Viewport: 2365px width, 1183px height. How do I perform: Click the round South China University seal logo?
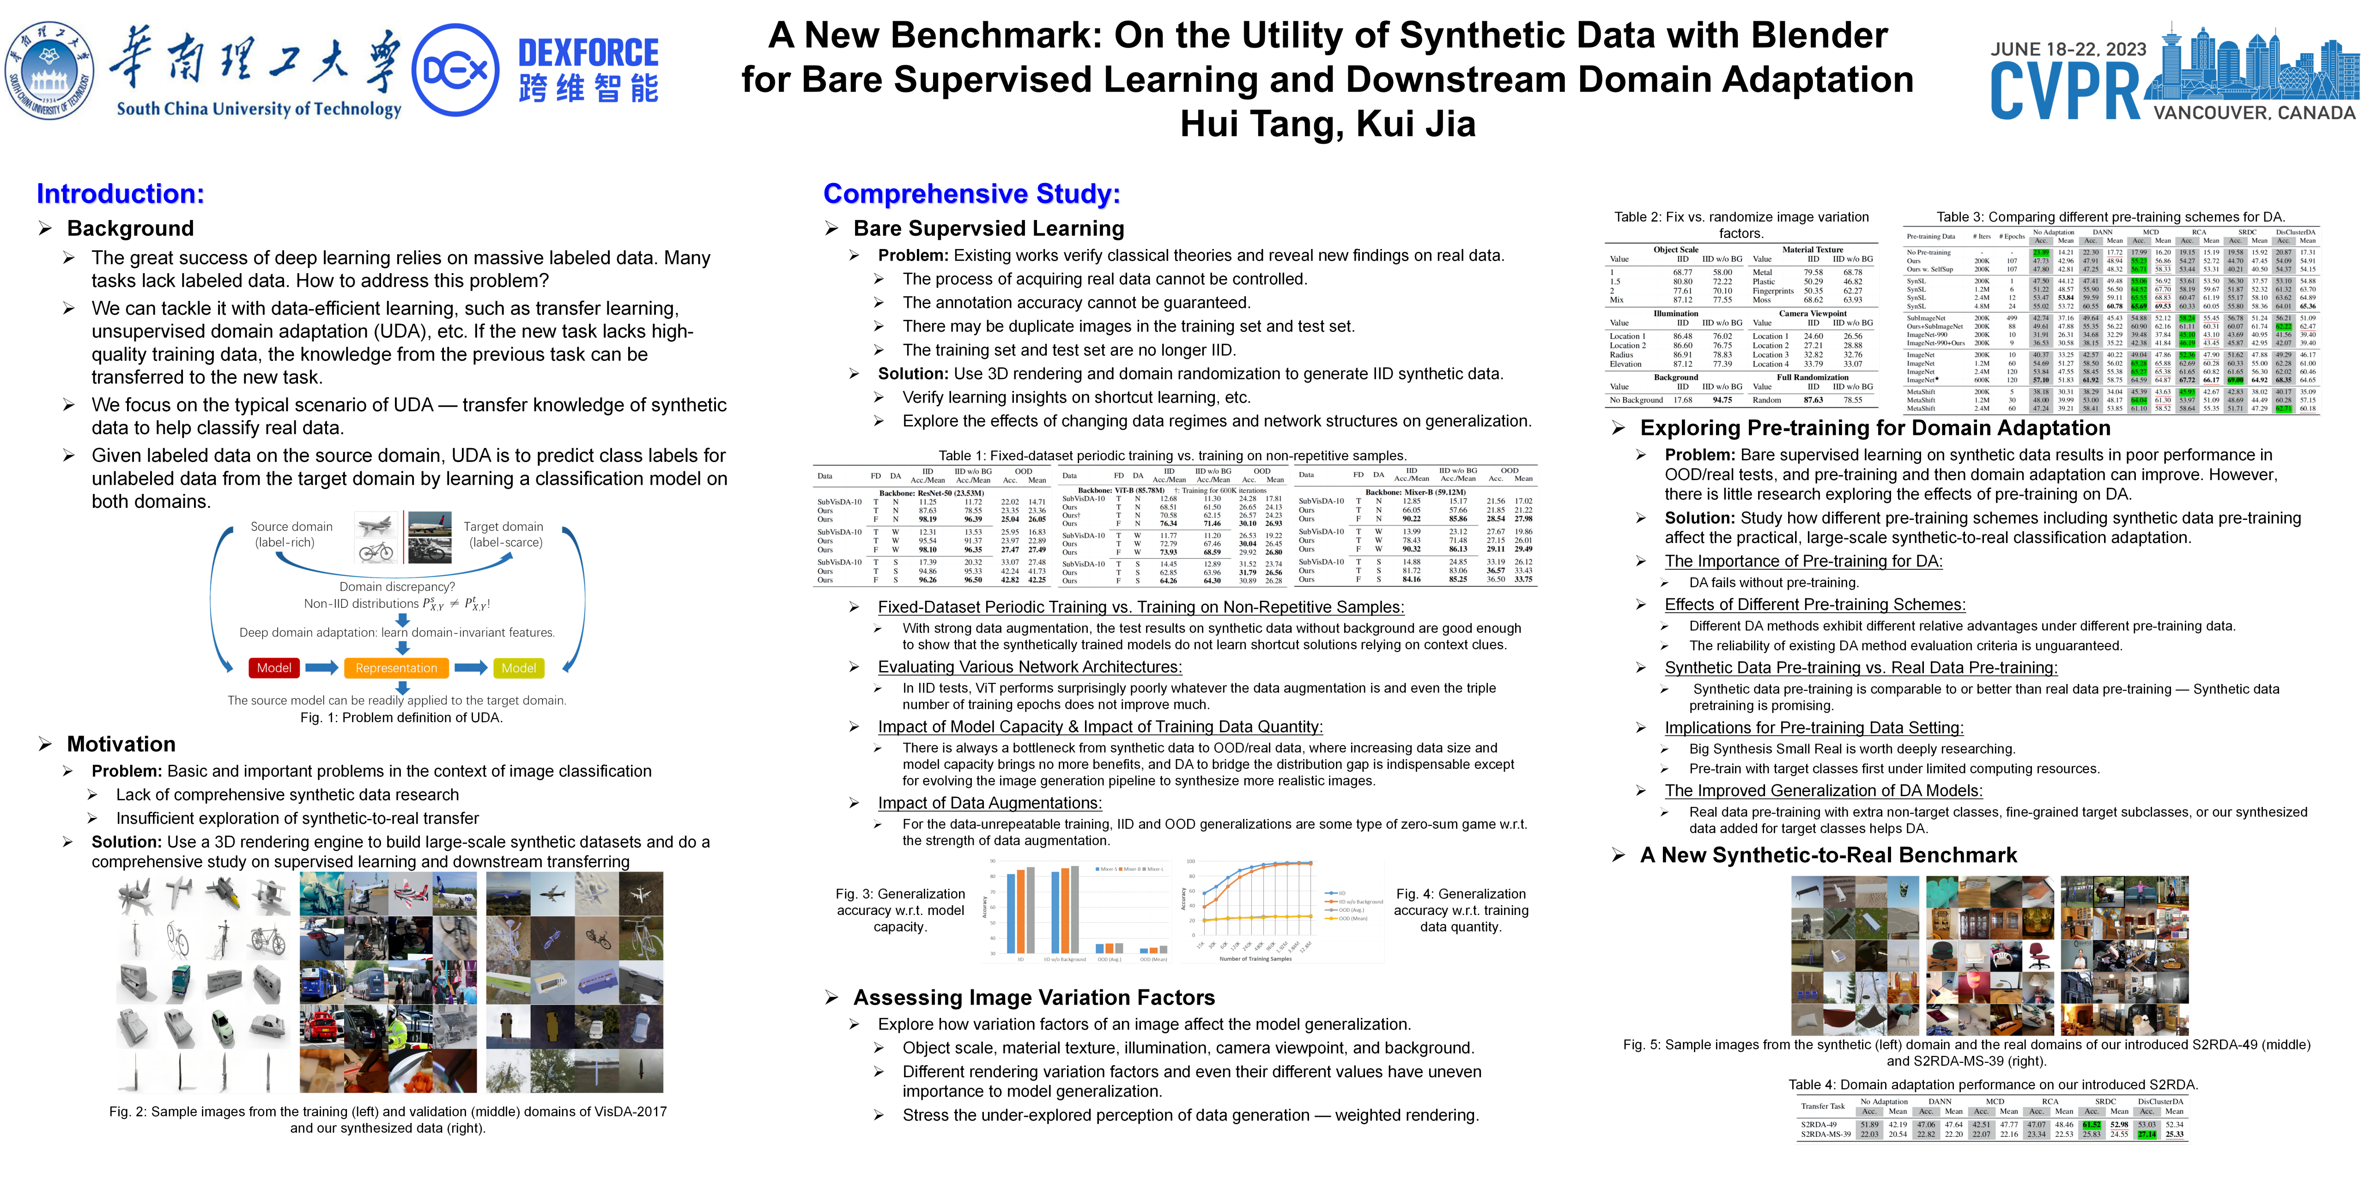(x=49, y=70)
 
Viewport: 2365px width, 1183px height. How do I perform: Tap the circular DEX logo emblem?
(x=455, y=70)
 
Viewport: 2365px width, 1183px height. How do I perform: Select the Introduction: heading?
(x=120, y=194)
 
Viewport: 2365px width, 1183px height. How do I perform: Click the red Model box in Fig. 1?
(x=273, y=668)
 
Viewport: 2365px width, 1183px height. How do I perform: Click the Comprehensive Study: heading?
(x=971, y=194)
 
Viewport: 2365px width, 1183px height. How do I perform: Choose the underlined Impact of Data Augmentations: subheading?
(x=990, y=803)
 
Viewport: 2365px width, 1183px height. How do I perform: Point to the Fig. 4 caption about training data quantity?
(x=1461, y=910)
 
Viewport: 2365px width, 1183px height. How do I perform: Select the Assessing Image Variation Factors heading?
(x=1034, y=998)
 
